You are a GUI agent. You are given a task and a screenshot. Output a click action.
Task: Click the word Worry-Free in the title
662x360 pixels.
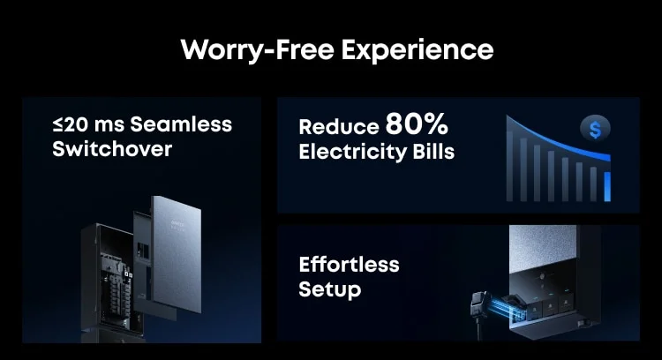point(258,50)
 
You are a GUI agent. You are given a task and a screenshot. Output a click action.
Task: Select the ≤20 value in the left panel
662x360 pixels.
point(70,124)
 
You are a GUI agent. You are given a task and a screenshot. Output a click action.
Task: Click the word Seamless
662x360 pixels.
point(181,124)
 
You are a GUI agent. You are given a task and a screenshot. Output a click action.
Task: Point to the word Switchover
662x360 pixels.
point(112,149)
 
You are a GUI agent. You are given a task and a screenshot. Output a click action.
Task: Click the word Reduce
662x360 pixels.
point(339,126)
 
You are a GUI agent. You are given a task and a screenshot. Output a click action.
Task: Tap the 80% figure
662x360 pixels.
point(417,124)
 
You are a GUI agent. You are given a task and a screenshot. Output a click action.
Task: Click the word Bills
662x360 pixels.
point(433,152)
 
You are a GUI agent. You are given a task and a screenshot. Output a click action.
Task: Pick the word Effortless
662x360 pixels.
point(349,265)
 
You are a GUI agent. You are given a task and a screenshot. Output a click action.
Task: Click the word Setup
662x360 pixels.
point(330,290)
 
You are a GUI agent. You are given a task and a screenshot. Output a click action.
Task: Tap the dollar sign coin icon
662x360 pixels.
point(595,129)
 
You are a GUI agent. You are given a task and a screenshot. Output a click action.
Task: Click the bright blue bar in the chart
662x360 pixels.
point(607,186)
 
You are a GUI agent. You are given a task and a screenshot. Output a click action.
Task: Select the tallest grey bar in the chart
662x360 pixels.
point(509,166)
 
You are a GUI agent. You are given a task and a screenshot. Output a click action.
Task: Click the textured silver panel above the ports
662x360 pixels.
point(543,249)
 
